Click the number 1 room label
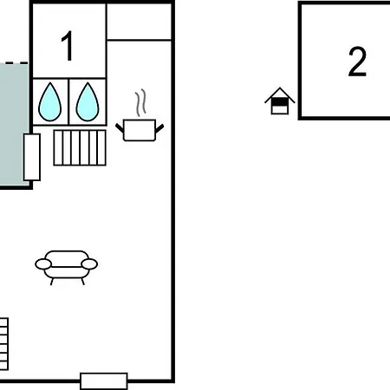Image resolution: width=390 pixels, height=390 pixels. [68, 46]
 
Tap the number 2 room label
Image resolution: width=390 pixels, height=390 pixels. [357, 62]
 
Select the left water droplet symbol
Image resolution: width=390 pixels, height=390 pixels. [50, 102]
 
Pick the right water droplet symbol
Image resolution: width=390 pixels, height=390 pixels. [88, 102]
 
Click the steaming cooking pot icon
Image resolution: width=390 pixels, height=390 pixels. [140, 121]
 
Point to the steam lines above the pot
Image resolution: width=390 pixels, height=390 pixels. [140, 102]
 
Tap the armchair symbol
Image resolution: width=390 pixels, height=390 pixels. [67, 267]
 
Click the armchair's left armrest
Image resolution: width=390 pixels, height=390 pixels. [43, 264]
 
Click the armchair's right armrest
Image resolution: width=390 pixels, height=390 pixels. [89, 264]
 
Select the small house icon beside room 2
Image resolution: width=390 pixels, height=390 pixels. [280, 101]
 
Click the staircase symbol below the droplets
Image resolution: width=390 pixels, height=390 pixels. [80, 147]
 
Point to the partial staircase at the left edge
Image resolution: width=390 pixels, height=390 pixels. [3, 344]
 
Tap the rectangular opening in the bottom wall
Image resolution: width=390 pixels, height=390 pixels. [104, 381]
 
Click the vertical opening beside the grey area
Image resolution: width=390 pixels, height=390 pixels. [32, 157]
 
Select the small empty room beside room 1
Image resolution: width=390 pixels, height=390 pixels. [140, 22]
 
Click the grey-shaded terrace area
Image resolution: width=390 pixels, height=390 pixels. [14, 124]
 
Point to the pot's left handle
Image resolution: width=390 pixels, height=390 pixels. [120, 128]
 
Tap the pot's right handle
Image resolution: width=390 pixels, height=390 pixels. [159, 128]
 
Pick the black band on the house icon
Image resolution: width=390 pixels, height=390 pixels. [280, 102]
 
